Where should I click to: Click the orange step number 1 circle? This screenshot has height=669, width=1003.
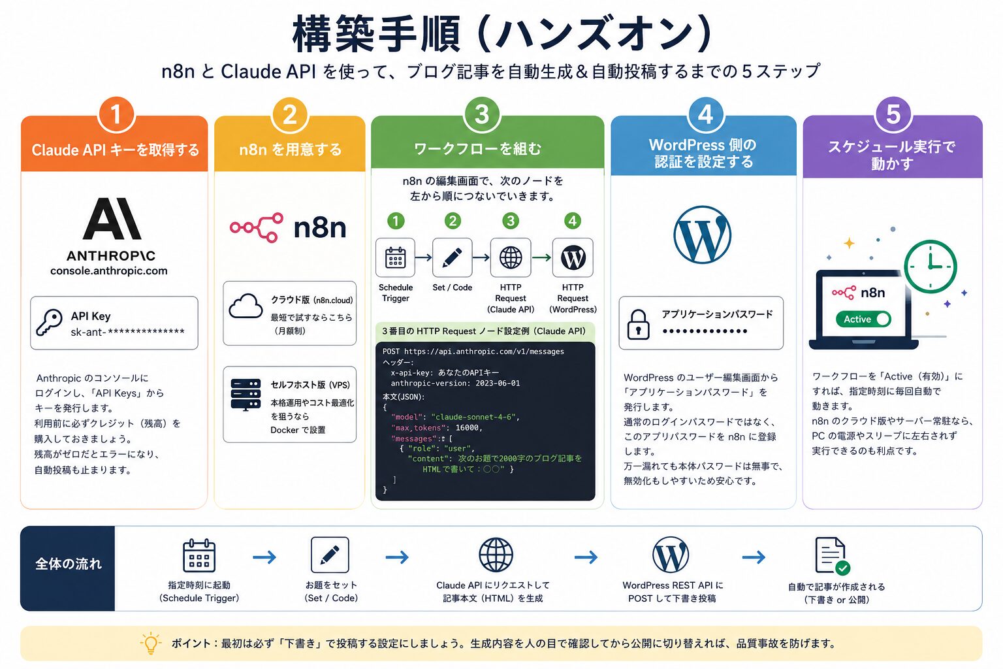(116, 115)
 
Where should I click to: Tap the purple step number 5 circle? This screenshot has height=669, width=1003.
(893, 115)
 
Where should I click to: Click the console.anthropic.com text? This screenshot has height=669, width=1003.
(109, 270)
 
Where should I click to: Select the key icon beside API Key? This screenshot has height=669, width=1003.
(49, 323)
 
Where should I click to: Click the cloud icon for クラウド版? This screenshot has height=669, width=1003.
(246, 306)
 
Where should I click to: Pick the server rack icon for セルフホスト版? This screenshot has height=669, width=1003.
(246, 395)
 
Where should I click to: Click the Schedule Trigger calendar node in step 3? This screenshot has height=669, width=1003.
(395, 257)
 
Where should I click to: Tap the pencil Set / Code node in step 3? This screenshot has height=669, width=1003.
(453, 257)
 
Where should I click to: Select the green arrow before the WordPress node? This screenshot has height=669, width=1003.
(542, 257)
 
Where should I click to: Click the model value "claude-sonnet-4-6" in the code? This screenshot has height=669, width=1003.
(474, 417)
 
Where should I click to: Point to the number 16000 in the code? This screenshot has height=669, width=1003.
(467, 428)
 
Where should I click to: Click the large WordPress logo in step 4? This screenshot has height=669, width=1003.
(702, 235)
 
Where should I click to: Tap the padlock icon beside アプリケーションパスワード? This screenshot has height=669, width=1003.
(639, 324)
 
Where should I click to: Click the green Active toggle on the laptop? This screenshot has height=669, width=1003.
(863, 319)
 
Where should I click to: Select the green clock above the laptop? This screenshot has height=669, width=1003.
(931, 267)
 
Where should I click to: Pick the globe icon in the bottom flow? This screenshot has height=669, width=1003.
(496, 555)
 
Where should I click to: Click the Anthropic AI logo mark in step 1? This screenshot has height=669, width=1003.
(112, 219)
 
